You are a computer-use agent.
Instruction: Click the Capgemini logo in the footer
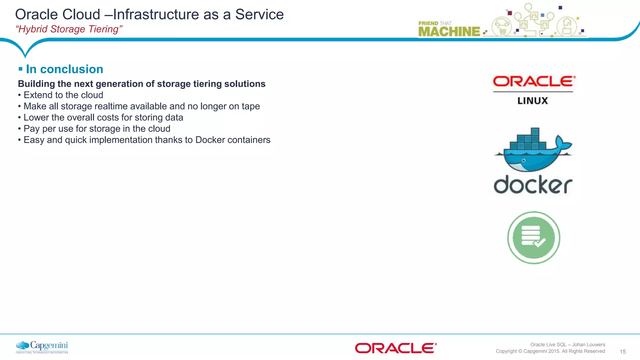coord(42,347)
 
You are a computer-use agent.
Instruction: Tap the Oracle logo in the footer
coord(396,348)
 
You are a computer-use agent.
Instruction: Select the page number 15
coord(622,352)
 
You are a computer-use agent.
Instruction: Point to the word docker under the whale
coord(533,185)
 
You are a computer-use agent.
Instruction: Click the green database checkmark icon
coord(533,238)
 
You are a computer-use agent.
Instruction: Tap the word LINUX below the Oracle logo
coord(532,101)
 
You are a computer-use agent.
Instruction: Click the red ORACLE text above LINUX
coord(533,82)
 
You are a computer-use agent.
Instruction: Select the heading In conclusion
coord(64,69)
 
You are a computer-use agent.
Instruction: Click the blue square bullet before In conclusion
coord(21,69)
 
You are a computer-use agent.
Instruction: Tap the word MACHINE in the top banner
coord(449,32)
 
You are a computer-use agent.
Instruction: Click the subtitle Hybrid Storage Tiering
coord(69,29)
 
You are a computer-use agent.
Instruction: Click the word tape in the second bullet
coord(251,106)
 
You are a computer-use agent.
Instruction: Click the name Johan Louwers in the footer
coord(588,344)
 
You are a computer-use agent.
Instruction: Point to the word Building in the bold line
coord(36,84)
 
